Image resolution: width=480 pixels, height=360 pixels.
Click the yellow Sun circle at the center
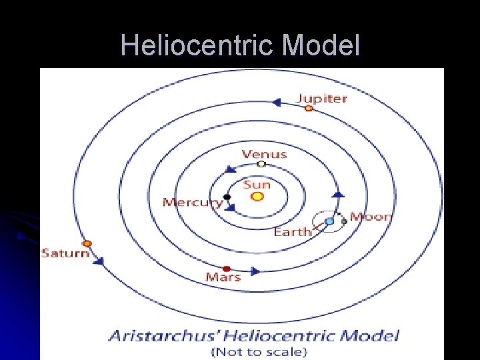(257, 197)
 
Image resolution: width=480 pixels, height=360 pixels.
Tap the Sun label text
(257, 184)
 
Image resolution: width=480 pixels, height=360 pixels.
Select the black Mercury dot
(227, 197)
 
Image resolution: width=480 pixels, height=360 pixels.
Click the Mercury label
(193, 202)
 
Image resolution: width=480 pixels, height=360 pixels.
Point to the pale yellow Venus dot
(261, 164)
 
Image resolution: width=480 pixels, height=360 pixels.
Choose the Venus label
(264, 154)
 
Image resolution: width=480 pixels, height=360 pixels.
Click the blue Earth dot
(329, 221)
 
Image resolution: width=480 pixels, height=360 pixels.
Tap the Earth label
(293, 232)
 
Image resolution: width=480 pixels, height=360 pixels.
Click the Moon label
(371, 216)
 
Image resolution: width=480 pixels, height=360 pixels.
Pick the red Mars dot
(227, 269)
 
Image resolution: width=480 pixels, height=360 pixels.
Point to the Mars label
(223, 277)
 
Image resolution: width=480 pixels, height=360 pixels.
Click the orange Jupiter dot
(309, 108)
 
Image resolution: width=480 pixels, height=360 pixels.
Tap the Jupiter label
(322, 99)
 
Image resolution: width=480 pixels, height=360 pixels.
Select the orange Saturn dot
(87, 244)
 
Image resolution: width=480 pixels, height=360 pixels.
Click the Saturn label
(65, 253)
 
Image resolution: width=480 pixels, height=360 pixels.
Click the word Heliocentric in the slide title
(198, 45)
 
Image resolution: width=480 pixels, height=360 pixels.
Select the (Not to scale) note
(259, 351)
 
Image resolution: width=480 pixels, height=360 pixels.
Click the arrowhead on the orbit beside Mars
(255, 271)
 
